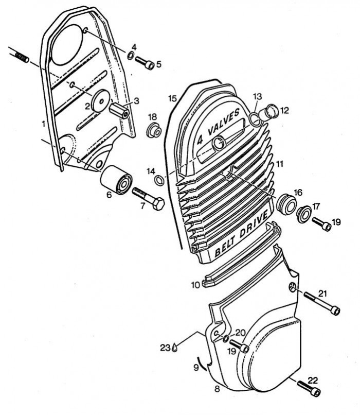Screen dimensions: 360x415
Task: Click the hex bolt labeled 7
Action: coord(148,199)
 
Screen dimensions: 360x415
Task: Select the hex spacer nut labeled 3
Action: coord(119,110)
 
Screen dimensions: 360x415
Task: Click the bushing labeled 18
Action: coord(154,130)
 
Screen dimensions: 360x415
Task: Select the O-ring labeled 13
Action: coord(255,118)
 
